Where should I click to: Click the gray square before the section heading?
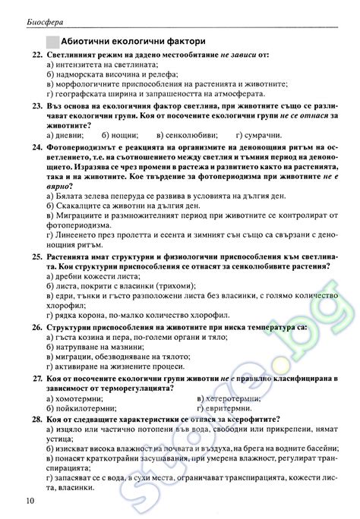tap(52, 42)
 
